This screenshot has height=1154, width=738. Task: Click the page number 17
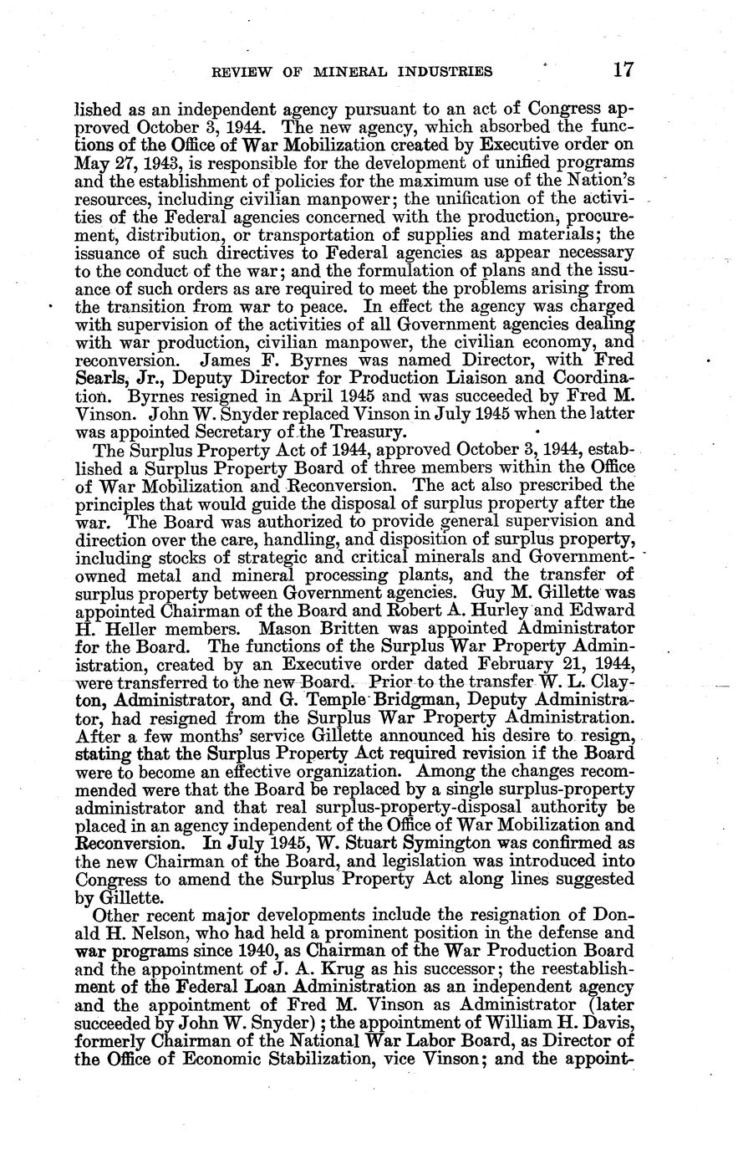pyautogui.click(x=623, y=69)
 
